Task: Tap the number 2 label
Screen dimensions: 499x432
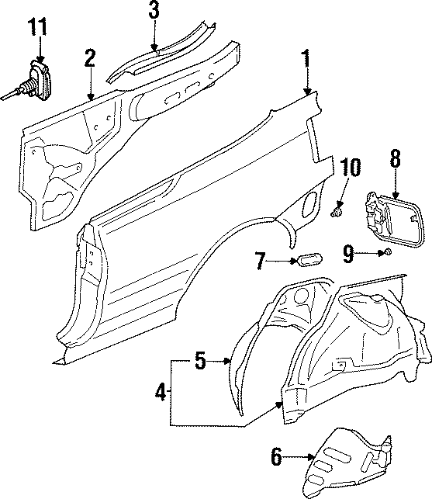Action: pyautogui.click(x=90, y=57)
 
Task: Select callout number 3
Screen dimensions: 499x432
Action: pyautogui.click(x=154, y=11)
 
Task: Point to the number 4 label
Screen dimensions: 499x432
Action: pyautogui.click(x=161, y=393)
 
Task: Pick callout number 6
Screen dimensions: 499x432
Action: pyautogui.click(x=275, y=458)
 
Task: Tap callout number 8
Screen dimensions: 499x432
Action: pyautogui.click(x=395, y=160)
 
